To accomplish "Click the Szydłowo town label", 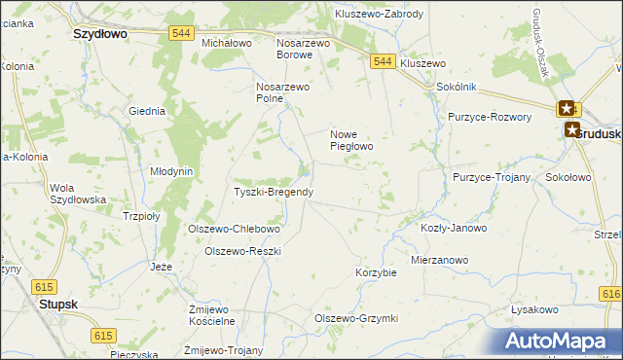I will coord(101,32).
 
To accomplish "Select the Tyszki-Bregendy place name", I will coord(274,192).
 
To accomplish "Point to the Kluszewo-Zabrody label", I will coord(379,14).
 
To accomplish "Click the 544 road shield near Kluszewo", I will coord(383,61).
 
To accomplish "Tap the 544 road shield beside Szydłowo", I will coord(179,33).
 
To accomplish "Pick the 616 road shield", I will coord(611,294).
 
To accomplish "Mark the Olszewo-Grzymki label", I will coord(356,318).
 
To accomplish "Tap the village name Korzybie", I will coord(377,272).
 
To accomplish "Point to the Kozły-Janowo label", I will coord(454,228).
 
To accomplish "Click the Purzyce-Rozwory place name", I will coord(490,117).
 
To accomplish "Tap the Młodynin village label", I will coord(171,170).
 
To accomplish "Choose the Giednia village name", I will coord(147,111).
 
